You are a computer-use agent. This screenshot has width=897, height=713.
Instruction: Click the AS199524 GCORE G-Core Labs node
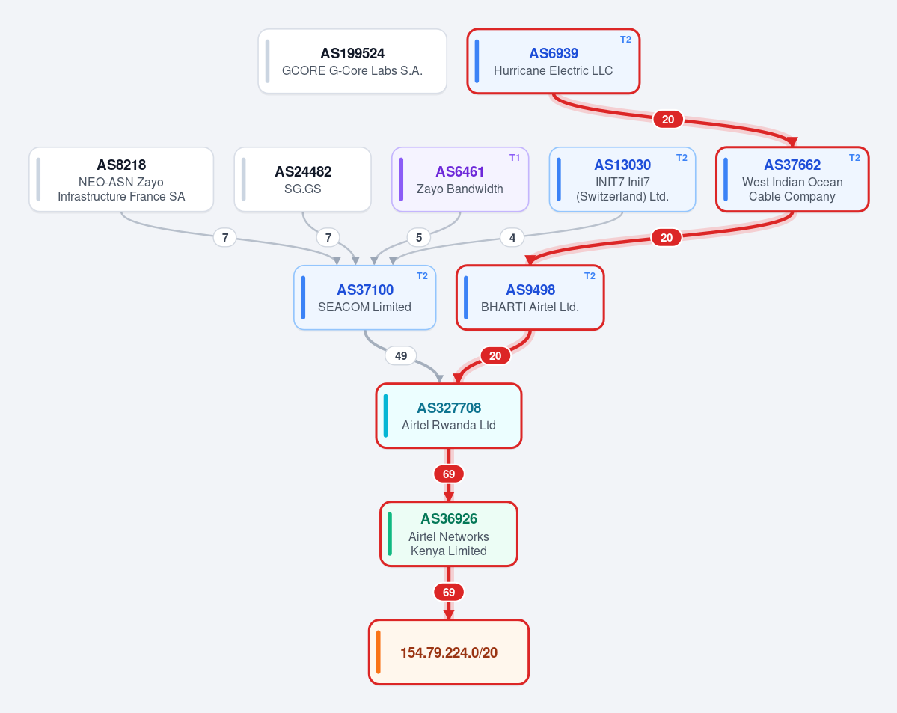tap(352, 61)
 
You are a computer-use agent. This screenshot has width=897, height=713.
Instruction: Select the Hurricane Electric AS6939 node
tap(553, 61)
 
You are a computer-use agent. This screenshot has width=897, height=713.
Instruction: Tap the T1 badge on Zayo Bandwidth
tap(515, 158)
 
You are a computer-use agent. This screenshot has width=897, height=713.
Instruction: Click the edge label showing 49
tap(401, 356)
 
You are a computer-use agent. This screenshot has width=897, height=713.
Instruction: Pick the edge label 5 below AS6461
tap(419, 237)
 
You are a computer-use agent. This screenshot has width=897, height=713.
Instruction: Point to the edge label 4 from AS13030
tap(512, 237)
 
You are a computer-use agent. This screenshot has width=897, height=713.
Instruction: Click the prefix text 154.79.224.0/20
tap(449, 653)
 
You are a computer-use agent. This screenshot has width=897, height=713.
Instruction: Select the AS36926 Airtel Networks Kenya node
tap(449, 534)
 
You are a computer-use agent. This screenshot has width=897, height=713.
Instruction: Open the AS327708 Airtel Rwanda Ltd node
tap(449, 416)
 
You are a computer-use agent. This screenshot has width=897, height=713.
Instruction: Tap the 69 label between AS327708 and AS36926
tap(449, 474)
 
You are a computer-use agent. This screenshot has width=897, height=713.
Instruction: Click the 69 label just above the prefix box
tap(449, 593)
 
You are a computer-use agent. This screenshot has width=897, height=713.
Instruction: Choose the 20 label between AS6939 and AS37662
tap(668, 120)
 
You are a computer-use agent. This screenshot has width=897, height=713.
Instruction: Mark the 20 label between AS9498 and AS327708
tap(495, 356)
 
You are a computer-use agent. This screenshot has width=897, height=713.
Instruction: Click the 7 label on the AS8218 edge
tap(225, 237)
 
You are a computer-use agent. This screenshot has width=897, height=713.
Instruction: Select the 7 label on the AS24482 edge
tap(328, 237)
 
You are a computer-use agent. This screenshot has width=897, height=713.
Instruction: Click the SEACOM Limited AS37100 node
tap(365, 298)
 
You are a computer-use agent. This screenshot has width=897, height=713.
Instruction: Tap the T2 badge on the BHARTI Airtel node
tap(590, 276)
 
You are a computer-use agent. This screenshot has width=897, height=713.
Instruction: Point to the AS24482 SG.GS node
tap(303, 180)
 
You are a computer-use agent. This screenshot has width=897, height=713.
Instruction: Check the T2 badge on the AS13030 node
tap(682, 158)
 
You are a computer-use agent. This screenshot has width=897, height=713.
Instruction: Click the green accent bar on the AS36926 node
tap(390, 534)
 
